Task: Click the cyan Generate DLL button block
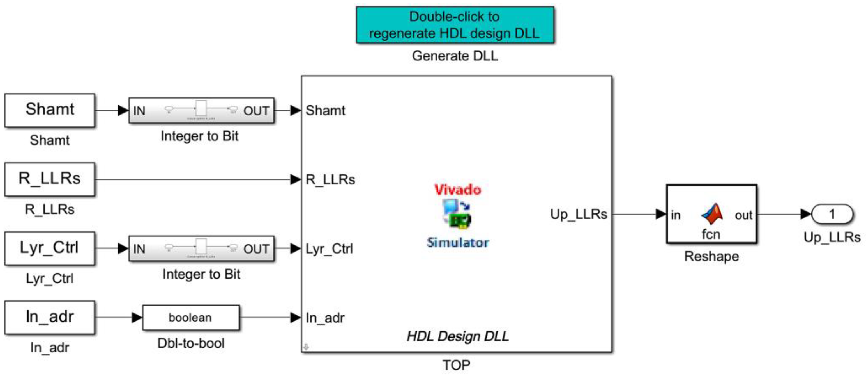(x=455, y=25)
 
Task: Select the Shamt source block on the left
(x=50, y=110)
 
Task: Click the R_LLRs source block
(x=50, y=179)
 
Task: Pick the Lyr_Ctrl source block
(x=50, y=248)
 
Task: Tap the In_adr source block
(x=50, y=317)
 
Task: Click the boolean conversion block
(x=191, y=317)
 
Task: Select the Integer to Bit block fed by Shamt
(x=201, y=110)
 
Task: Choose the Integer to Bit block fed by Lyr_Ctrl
(x=201, y=249)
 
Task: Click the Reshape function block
(x=711, y=214)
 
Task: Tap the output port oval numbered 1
(x=832, y=214)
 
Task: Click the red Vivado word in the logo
(x=458, y=190)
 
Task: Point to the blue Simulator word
(x=458, y=242)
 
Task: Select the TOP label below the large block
(x=456, y=365)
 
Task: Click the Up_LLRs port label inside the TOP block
(x=579, y=214)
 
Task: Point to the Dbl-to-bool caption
(x=191, y=343)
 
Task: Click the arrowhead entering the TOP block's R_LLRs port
(x=296, y=179)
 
